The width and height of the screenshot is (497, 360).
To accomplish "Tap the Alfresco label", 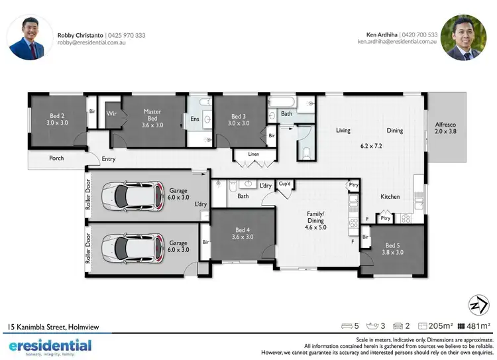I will point(445,127).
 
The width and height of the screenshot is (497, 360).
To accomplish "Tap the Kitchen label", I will point(390,197).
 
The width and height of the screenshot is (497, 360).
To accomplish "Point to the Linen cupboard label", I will point(253,154).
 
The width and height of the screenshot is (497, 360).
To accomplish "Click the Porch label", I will point(56,158).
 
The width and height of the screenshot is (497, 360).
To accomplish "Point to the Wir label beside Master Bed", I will point(112,113).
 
